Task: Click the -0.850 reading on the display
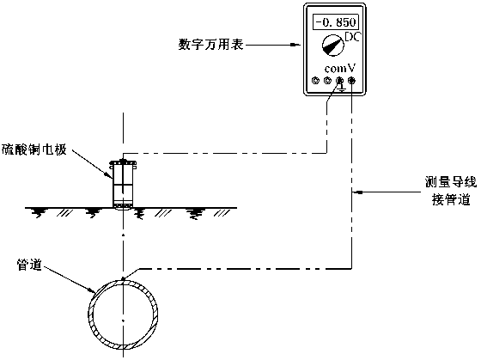[x=336, y=22]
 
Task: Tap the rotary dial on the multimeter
[x=333, y=46]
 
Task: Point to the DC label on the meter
[x=352, y=37]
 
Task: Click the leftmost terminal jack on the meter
[x=315, y=81]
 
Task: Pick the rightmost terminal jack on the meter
[x=351, y=81]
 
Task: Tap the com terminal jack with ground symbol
[x=339, y=81]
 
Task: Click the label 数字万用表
[x=211, y=45]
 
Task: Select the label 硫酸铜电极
[x=34, y=150]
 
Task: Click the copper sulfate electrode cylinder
[x=124, y=184]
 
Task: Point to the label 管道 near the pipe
[x=29, y=265]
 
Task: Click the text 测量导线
[x=451, y=182]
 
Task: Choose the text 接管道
[x=451, y=199]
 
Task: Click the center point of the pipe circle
[x=124, y=321]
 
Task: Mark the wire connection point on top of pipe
[x=124, y=278]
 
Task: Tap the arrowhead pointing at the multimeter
[x=295, y=46]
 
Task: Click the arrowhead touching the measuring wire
[x=357, y=192]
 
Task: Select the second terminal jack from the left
[x=327, y=81]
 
